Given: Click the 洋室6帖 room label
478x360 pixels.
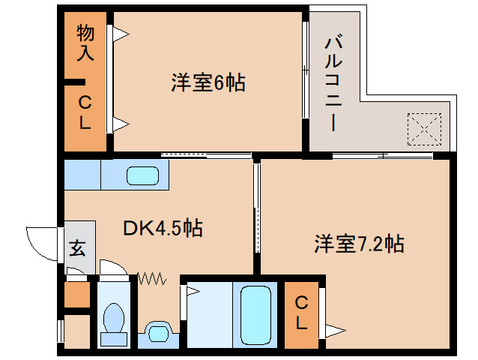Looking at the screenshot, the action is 208,82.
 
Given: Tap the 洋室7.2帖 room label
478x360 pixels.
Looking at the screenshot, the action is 360,244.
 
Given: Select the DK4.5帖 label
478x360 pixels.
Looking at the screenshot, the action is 163,227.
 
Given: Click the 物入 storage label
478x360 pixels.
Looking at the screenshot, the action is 85,43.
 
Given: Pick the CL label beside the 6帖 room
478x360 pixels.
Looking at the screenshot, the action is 85,112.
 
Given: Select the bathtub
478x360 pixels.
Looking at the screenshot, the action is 255,315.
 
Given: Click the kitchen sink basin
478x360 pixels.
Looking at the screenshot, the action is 142,175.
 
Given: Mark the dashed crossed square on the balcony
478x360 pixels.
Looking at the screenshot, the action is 424,129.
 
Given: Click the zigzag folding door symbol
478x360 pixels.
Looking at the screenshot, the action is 152,278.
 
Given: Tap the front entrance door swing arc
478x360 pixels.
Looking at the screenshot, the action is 42,244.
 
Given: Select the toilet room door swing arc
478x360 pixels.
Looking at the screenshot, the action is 113,268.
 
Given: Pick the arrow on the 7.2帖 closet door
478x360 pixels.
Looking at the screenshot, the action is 336,331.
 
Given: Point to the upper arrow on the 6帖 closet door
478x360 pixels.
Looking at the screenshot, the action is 121,34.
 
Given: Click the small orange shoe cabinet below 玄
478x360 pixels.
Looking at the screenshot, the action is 77,295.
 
